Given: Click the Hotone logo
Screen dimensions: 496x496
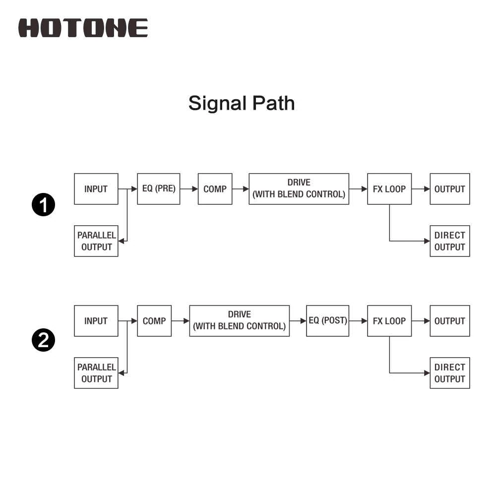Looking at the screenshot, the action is click(83, 28).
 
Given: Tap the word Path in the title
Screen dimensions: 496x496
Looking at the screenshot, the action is click(274, 103).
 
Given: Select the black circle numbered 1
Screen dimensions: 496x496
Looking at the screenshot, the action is click(43, 205).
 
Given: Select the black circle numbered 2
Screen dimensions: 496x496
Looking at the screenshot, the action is click(43, 340).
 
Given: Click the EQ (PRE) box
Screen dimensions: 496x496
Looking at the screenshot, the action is click(159, 189).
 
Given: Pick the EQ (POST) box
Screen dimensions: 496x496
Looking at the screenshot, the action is click(327, 321).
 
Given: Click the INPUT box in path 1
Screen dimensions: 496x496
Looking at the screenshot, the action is click(96, 189).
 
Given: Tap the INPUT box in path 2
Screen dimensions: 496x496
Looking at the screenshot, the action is click(96, 321).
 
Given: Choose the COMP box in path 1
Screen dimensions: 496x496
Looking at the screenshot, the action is click(215, 189).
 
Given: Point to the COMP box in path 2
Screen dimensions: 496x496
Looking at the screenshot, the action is click(154, 321).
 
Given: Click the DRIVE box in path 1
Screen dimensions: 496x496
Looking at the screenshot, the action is click(299, 189).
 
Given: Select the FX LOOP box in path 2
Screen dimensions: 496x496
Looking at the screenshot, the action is click(389, 321).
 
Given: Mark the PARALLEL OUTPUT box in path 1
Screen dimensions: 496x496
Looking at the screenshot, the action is click(96, 241).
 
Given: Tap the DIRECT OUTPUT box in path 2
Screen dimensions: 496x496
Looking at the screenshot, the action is click(450, 373).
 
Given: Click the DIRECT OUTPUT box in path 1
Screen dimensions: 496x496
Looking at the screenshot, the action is click(450, 241).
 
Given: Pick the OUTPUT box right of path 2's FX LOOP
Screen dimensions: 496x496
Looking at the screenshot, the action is click(450, 321).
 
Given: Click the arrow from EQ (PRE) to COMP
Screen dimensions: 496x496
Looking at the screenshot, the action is click(189, 189).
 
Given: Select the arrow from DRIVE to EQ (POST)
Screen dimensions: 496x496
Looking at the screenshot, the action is click(298, 321).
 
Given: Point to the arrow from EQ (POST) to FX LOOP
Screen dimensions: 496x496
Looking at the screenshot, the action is click(358, 321).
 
